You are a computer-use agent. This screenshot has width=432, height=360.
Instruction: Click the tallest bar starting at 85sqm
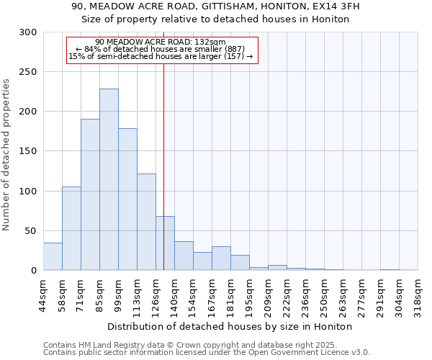(x=109, y=179)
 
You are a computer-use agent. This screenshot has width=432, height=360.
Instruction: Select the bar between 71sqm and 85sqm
(x=90, y=194)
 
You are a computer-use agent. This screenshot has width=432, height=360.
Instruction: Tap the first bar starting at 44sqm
(x=53, y=256)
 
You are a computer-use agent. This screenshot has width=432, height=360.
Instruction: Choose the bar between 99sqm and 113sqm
(x=127, y=199)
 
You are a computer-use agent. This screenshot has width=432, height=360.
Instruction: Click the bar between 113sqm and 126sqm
(x=146, y=222)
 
